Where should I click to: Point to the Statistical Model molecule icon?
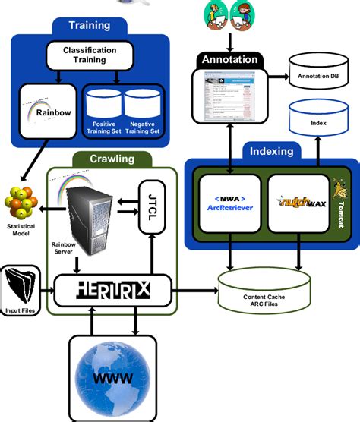point(22,202)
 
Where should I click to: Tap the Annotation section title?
point(229,58)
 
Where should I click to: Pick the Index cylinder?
point(319,121)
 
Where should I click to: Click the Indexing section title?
point(271,151)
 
